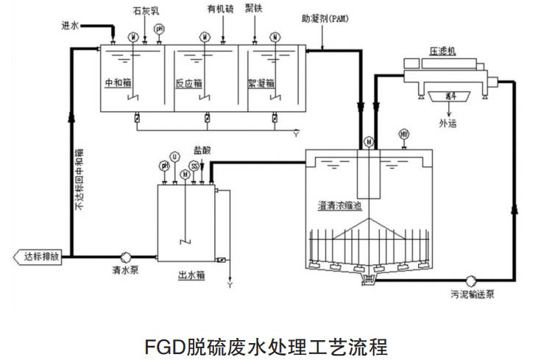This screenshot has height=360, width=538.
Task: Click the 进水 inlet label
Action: pyautogui.click(x=69, y=25)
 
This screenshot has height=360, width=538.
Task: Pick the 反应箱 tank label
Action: pyautogui.click(x=188, y=82)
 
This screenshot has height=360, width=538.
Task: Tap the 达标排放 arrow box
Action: pyautogui.click(x=39, y=257)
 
